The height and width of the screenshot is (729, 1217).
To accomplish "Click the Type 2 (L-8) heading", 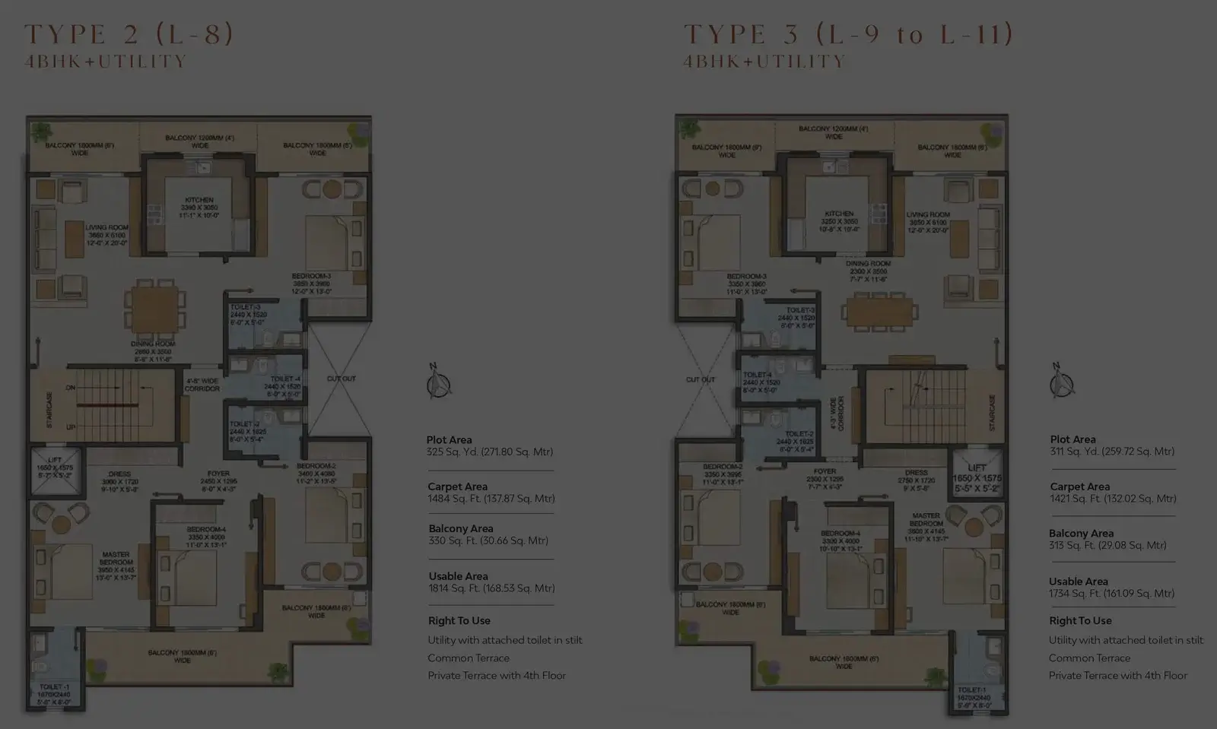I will [129, 34].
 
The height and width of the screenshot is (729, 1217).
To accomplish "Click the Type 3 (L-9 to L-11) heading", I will [848, 34].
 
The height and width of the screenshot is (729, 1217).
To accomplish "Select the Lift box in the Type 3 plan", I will [977, 473].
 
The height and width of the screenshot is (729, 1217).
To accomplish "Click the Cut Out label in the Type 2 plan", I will [341, 379].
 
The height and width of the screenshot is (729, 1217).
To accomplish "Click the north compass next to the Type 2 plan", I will [438, 382].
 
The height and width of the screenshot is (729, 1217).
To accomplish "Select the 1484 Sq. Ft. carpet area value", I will [491, 499].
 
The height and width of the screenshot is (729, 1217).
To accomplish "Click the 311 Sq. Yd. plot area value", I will [1112, 452].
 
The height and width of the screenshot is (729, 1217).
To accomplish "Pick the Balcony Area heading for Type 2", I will [460, 528].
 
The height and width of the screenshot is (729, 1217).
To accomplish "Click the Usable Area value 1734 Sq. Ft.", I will [1111, 594].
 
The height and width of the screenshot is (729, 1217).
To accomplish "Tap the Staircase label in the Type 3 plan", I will [992, 413].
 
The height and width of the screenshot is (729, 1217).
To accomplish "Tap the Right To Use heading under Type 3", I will [1080, 620].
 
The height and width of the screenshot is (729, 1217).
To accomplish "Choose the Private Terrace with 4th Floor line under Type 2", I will [496, 676].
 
